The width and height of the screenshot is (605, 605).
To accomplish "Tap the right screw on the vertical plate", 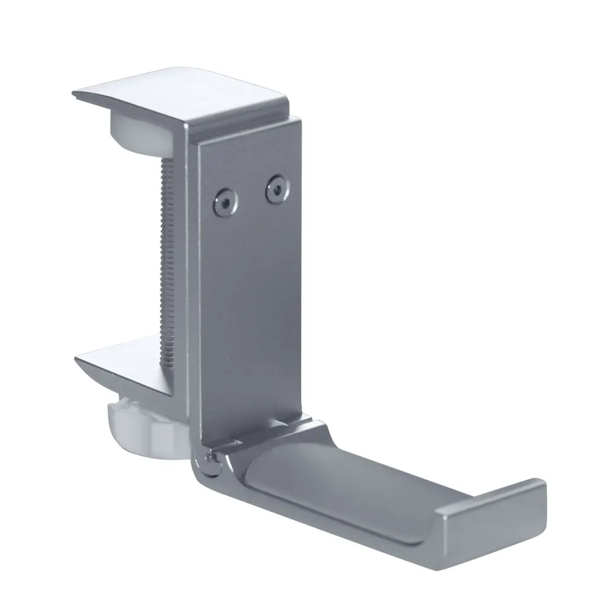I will point(275,189).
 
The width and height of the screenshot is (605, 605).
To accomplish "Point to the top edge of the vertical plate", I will point(248,130).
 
